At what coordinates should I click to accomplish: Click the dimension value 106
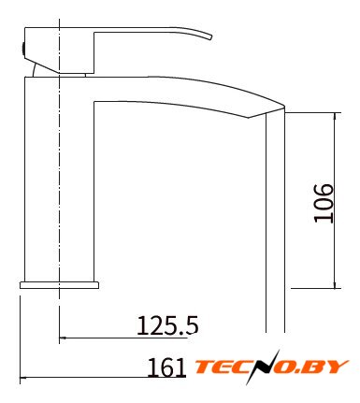point(324,204)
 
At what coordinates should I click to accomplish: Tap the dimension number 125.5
point(167,325)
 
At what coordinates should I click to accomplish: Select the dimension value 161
point(166,367)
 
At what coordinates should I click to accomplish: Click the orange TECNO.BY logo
point(271,367)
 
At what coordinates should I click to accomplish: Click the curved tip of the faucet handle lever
point(210,36)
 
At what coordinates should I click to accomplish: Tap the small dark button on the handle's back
point(23,49)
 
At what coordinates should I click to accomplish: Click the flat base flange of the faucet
point(59,285)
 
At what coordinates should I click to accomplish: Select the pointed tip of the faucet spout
point(284,108)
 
